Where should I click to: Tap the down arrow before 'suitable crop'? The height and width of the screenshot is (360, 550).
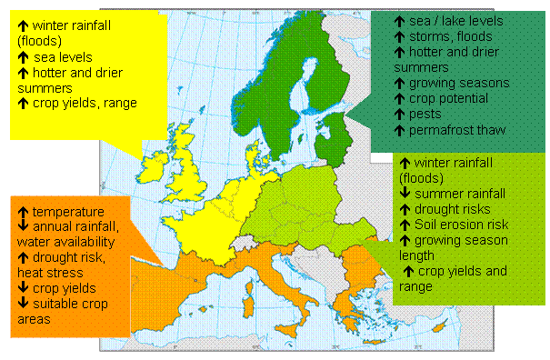21,304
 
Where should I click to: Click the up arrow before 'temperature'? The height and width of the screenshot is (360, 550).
21,212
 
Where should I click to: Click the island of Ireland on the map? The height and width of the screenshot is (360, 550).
151,170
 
